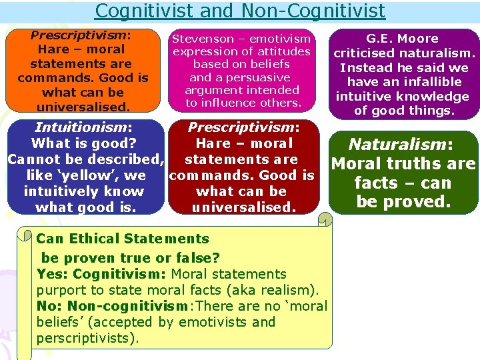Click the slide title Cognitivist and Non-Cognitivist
tap(240, 11)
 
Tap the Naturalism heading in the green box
tap(397, 144)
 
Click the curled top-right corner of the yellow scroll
tap(324, 219)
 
